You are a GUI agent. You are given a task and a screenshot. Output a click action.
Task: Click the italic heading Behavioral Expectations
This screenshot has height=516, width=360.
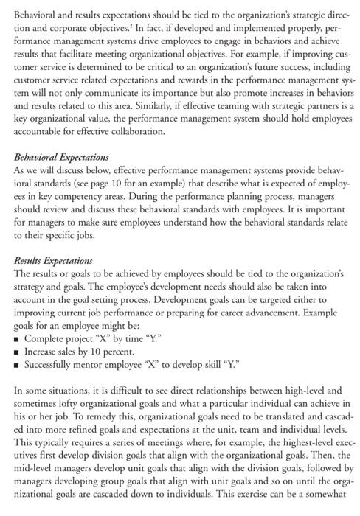click(x=61, y=158)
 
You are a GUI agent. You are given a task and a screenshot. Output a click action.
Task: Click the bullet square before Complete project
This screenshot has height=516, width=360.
click(x=18, y=338)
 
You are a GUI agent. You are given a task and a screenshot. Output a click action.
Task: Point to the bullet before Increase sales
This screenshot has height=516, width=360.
click(x=18, y=351)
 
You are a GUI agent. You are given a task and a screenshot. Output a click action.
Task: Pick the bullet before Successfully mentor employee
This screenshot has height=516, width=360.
click(x=18, y=364)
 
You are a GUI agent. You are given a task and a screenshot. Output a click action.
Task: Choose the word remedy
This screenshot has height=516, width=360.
click(x=80, y=415)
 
